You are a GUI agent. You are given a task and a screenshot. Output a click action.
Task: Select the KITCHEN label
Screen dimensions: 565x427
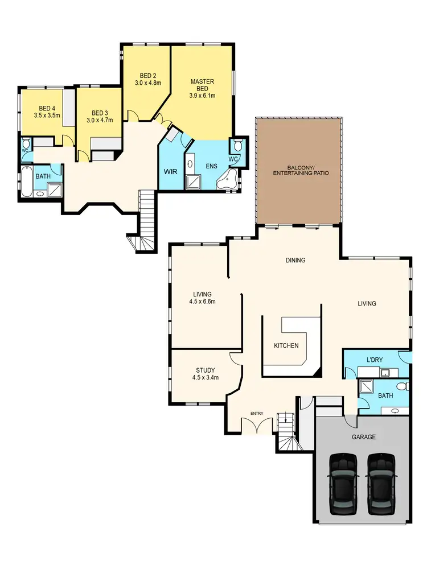click(286, 345)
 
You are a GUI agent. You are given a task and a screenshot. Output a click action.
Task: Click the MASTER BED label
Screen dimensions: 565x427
click(202, 85)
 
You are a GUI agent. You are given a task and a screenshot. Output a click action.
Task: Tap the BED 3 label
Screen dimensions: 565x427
click(100, 113)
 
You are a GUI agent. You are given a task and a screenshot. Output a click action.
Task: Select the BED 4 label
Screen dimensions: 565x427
click(47, 108)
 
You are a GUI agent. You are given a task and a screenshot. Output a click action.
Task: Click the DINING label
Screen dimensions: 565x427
click(295, 261)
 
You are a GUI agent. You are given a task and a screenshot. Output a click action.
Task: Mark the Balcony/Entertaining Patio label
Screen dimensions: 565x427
click(301, 169)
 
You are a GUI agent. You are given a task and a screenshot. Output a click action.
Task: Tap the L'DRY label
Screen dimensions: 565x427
click(374, 360)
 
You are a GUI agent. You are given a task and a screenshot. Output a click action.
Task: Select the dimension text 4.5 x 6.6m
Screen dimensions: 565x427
click(202, 302)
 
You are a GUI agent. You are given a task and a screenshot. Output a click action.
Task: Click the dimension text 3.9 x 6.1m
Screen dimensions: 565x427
click(202, 96)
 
